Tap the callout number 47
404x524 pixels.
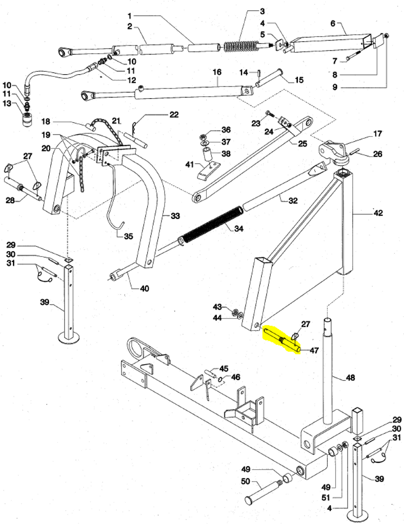pos(313,351)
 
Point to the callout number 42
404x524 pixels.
pos(378,212)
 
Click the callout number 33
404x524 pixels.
pos(175,216)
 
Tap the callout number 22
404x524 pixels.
pos(174,115)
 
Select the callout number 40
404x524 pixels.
pos(144,289)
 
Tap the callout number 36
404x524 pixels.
pos(226,130)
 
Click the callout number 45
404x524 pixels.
pos(224,368)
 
